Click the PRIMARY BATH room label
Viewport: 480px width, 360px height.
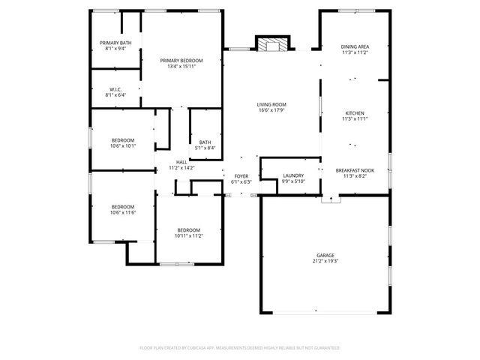(x=115, y=43)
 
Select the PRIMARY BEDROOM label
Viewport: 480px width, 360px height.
(x=181, y=60)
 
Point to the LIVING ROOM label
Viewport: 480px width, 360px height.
(x=271, y=104)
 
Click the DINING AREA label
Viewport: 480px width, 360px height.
(x=355, y=46)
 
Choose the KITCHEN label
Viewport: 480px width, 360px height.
(x=355, y=113)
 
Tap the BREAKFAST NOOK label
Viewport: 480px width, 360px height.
(x=355, y=170)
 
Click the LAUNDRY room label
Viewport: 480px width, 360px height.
(x=293, y=175)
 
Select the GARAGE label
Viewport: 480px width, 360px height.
(x=325, y=255)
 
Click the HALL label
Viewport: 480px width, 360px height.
(x=181, y=162)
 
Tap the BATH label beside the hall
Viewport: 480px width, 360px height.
(x=205, y=142)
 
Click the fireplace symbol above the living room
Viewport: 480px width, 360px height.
(x=271, y=44)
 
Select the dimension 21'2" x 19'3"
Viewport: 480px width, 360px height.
(x=325, y=261)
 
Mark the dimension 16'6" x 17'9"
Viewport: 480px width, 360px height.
(x=271, y=110)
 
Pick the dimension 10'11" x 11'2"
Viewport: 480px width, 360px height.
(x=189, y=235)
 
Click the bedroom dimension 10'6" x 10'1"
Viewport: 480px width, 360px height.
(x=123, y=145)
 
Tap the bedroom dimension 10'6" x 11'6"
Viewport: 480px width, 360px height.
(x=123, y=213)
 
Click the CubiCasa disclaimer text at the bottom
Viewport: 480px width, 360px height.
(x=240, y=348)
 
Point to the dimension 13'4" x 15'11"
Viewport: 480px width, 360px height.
(x=181, y=66)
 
